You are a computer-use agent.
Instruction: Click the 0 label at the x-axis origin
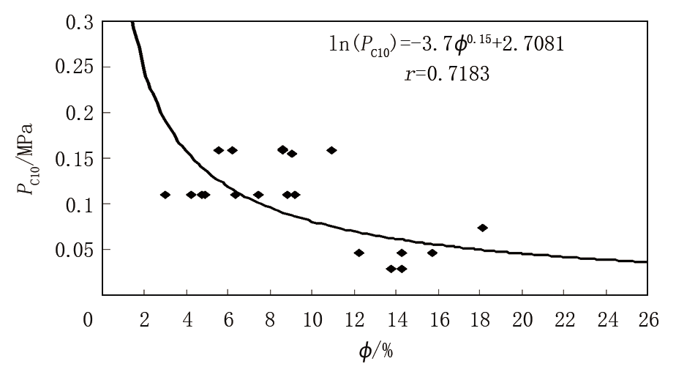click(88, 320)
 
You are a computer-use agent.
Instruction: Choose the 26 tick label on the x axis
click(647, 320)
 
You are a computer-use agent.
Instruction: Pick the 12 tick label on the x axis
click(354, 320)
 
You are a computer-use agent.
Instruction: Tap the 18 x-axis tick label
click(480, 320)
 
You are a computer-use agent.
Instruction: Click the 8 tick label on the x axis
click(270, 320)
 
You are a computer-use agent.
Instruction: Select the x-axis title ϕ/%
click(376, 351)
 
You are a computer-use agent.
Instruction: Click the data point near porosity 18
click(482, 228)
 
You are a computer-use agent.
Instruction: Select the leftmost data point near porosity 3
click(165, 195)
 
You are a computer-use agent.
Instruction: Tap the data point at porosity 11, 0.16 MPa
click(331, 150)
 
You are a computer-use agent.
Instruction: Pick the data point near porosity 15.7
click(432, 253)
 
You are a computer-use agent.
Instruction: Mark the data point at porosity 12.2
click(359, 253)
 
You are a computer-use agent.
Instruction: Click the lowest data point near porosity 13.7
click(391, 269)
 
